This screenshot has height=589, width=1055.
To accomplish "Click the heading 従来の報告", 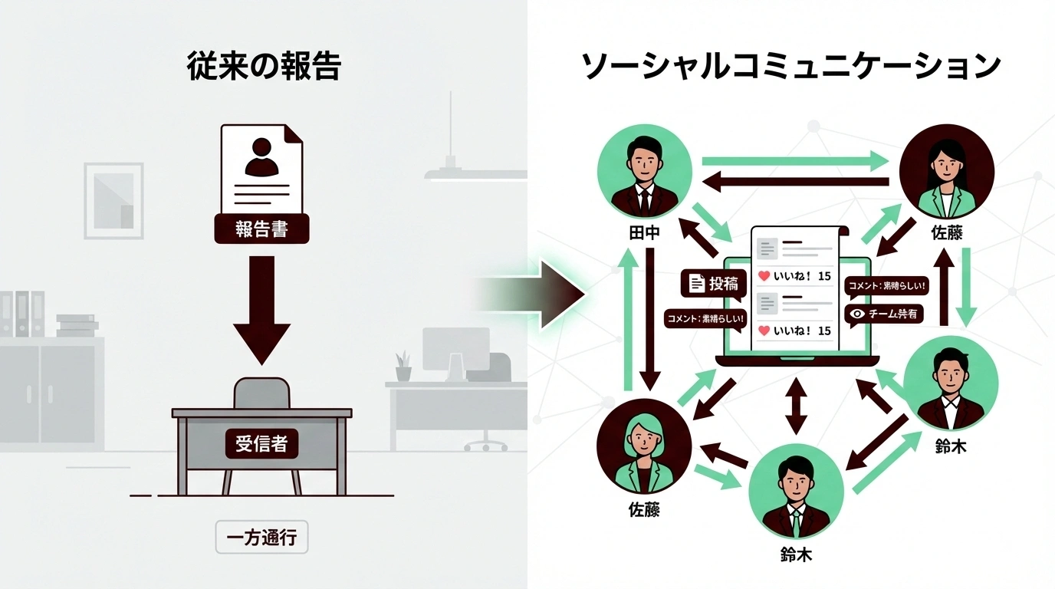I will pos(264,67).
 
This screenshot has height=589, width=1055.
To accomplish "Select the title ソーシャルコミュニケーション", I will pos(790,67).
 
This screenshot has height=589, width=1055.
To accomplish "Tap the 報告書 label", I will pos(261,229).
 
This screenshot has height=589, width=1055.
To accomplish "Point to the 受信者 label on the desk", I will pos(261,443).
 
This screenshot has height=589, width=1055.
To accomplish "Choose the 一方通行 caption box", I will pos(261,538).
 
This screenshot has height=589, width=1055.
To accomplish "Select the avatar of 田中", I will pos(644,173).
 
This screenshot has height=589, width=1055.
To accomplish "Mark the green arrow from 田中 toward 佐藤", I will pos(794,161).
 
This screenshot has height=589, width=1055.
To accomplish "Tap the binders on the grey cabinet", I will pos(23,314).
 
